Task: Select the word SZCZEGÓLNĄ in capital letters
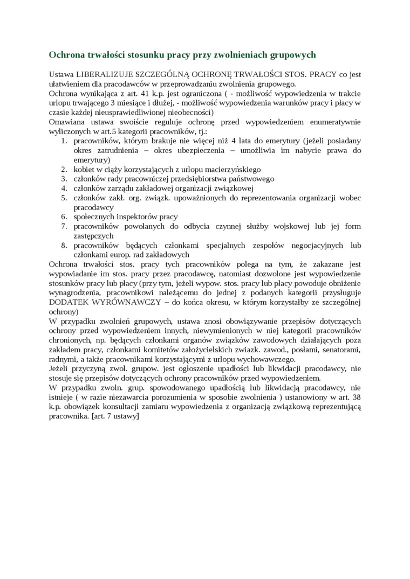click(157, 74)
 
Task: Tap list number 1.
click(63, 141)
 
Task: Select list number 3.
click(63, 179)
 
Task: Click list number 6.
click(63, 217)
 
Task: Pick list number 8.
click(63, 246)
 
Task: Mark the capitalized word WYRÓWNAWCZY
click(129, 303)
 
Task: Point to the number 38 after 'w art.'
click(356, 397)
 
